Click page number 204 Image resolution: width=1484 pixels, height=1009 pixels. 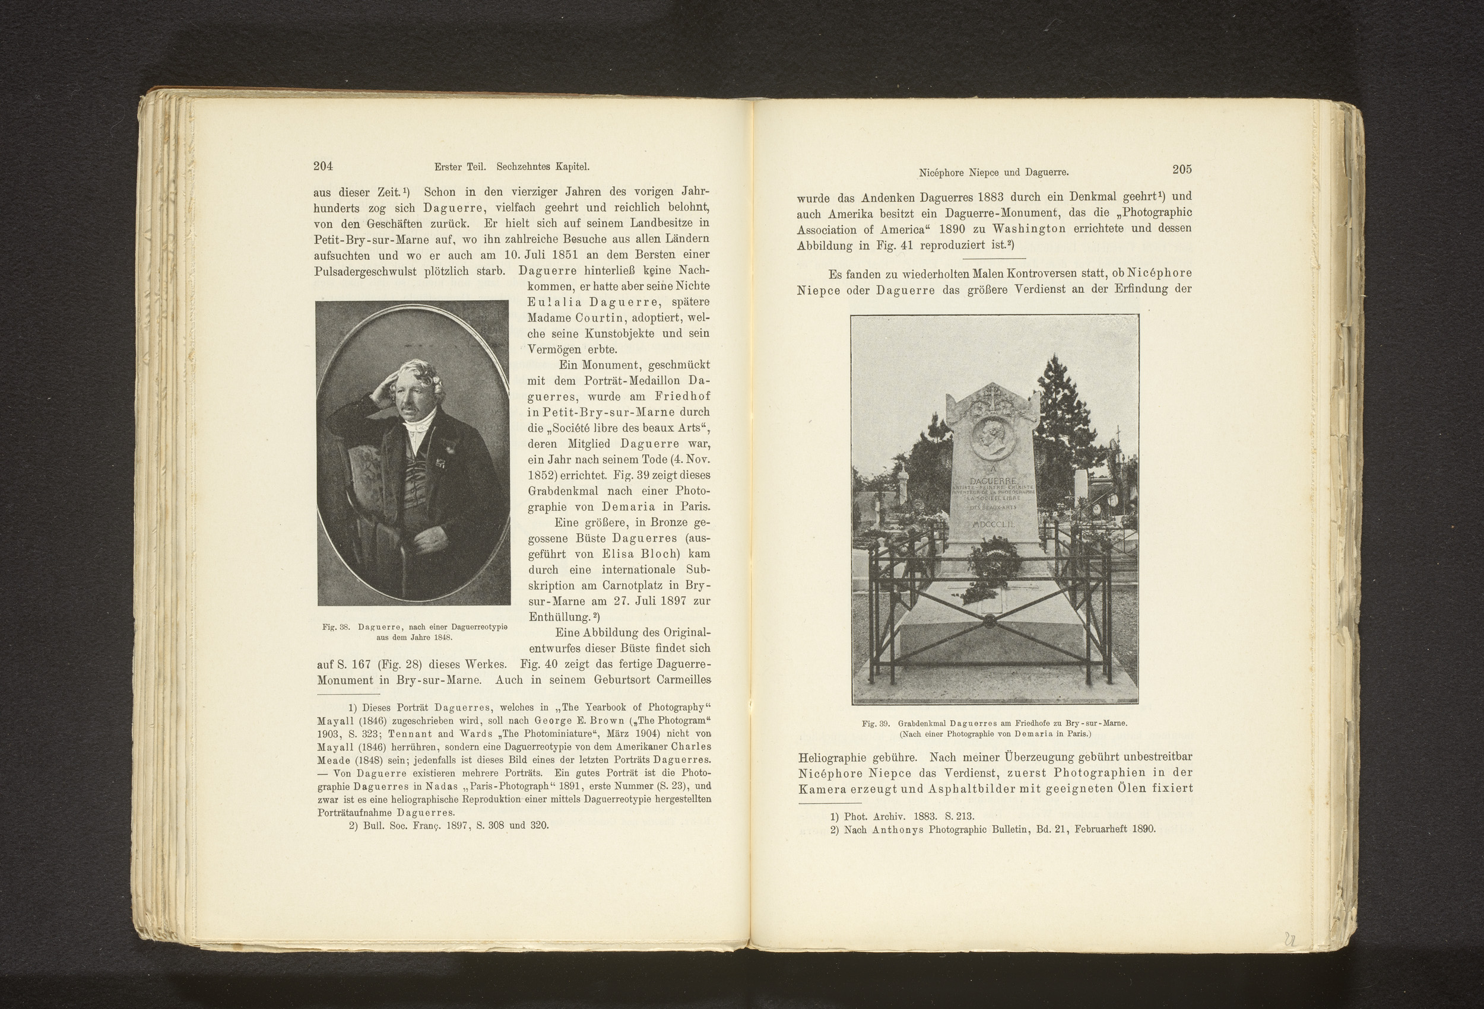(323, 167)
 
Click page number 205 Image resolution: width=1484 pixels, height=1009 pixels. (1181, 169)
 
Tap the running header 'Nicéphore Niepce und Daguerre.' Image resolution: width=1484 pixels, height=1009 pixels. (994, 172)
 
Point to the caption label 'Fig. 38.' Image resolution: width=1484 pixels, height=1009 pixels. (335, 628)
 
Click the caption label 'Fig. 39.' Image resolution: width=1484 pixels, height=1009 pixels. (876, 724)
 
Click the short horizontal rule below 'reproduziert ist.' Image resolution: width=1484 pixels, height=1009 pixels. (994, 259)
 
